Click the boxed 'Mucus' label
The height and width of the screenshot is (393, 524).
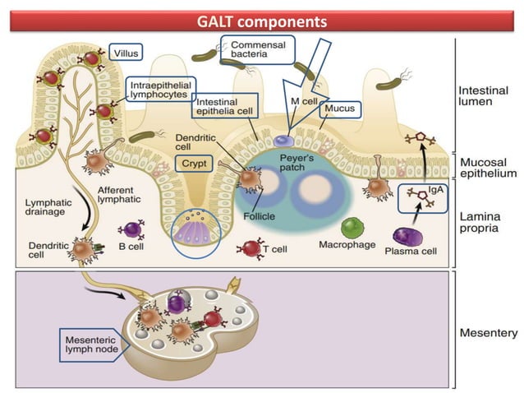pos(338,108)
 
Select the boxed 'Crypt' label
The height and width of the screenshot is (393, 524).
pos(194,162)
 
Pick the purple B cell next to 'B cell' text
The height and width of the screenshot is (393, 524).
pos(130,232)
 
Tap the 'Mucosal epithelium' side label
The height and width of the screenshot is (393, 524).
pos(488,168)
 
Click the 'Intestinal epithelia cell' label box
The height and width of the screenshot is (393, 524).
pos(225,104)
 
